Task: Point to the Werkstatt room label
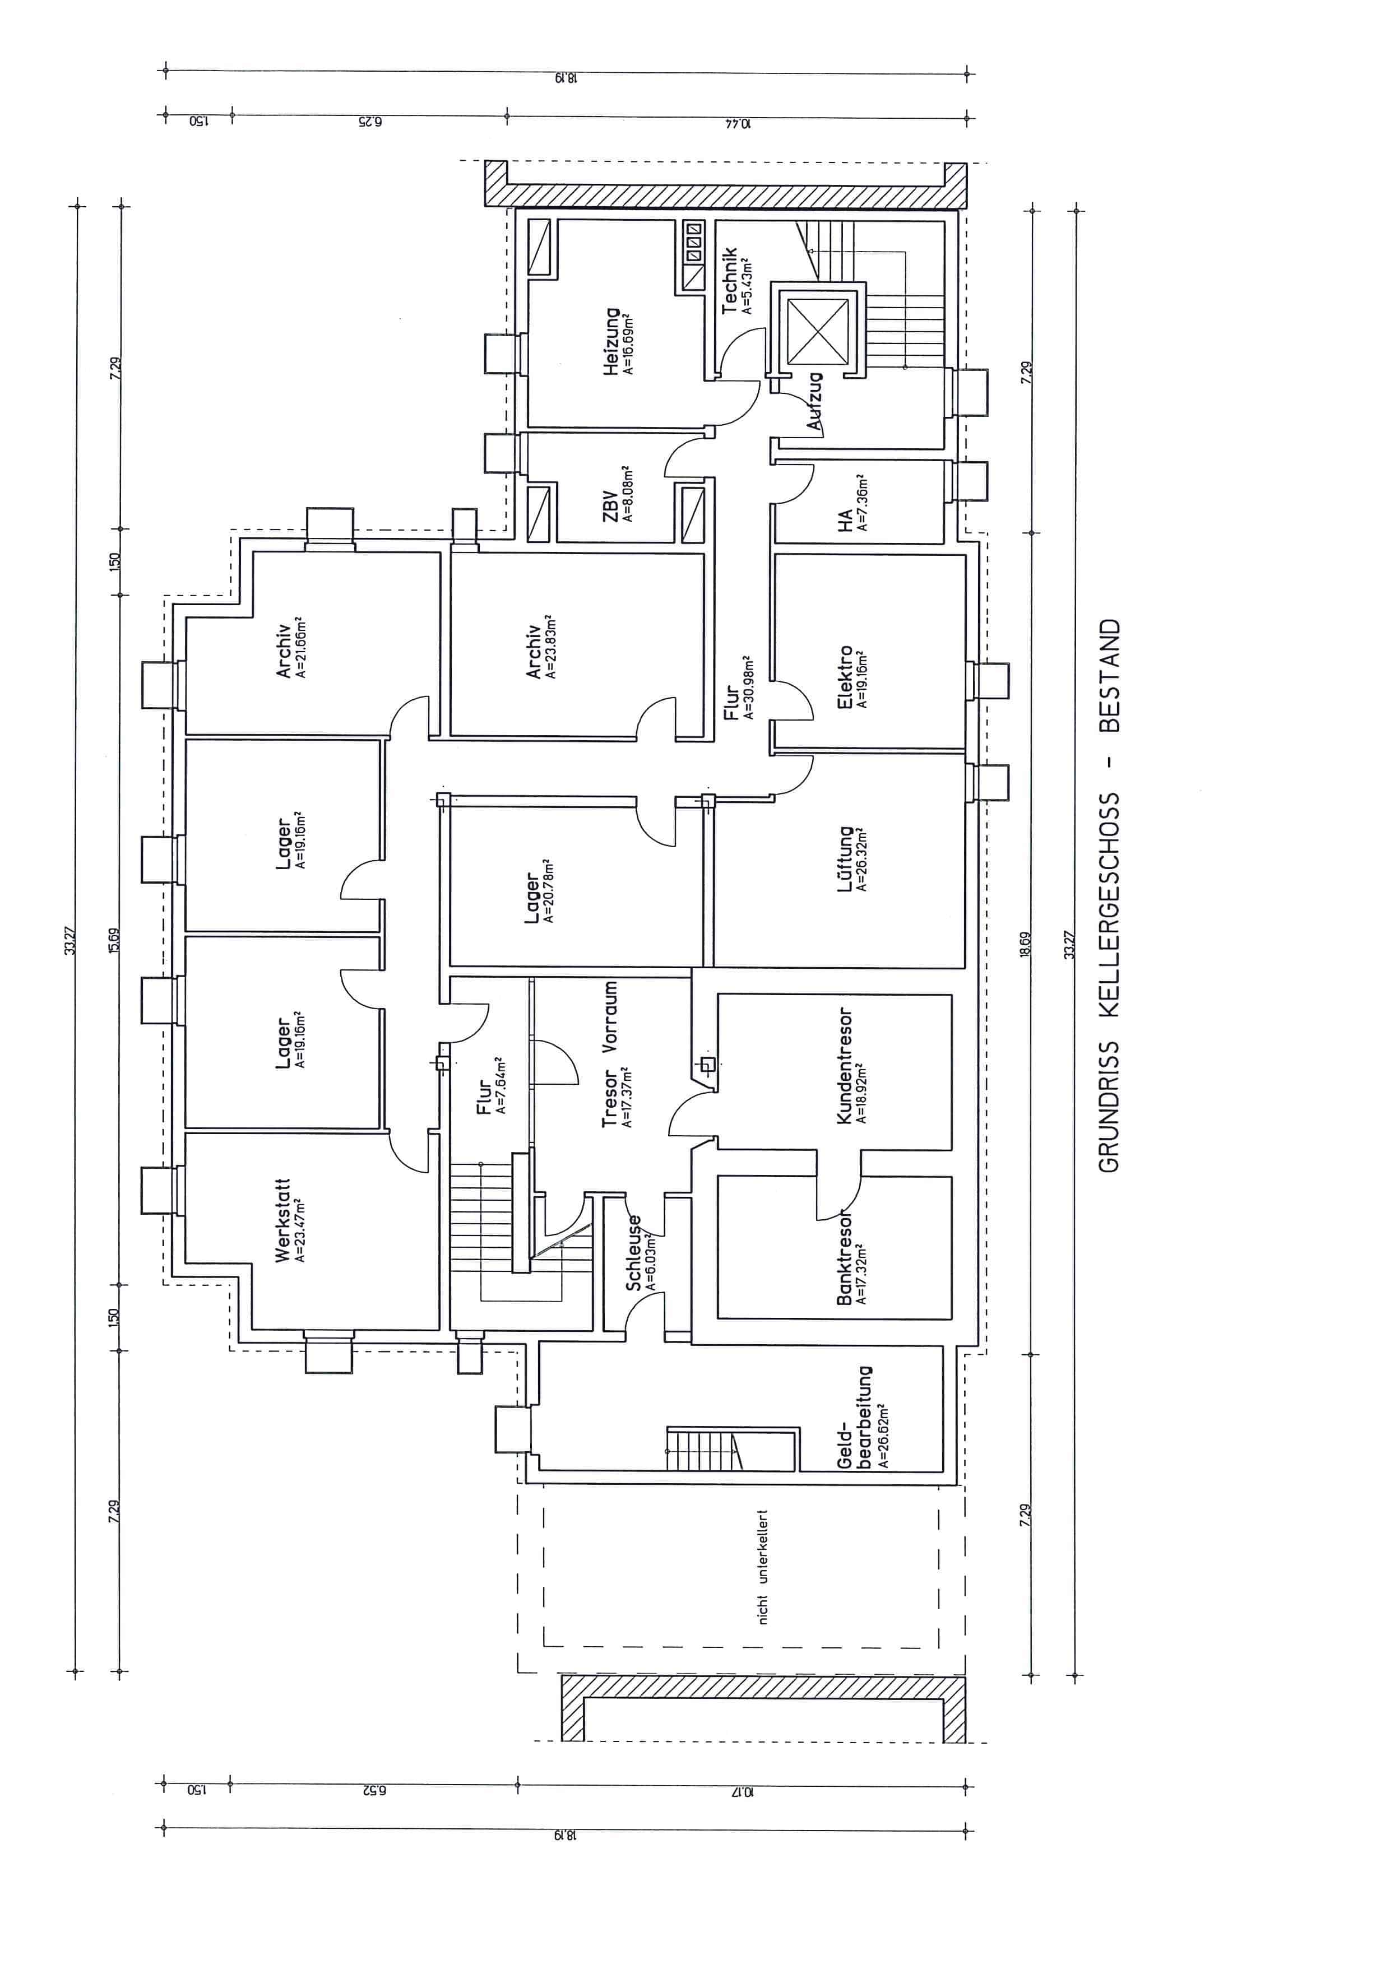tap(282, 1220)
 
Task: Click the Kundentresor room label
tap(844, 1066)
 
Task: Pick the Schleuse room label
tap(634, 1253)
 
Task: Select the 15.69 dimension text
tap(115, 941)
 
